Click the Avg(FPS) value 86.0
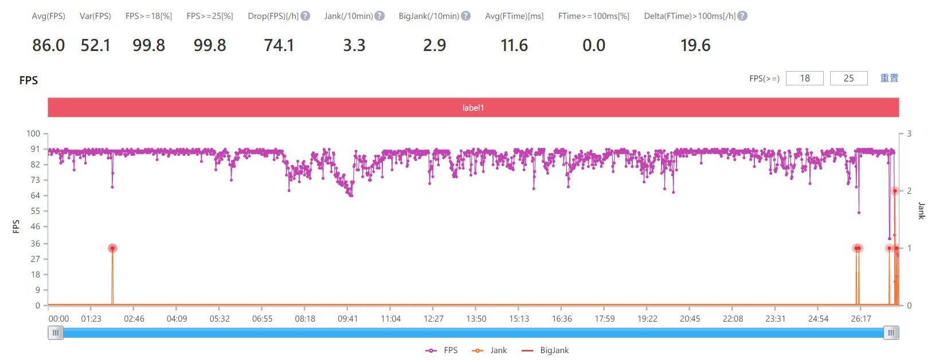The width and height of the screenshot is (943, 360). click(49, 45)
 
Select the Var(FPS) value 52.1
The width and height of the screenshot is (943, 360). click(95, 45)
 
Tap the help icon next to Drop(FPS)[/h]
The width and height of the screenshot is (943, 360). click(306, 16)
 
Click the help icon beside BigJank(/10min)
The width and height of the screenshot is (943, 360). click(466, 16)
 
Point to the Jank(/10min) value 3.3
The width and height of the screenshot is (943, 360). click(354, 45)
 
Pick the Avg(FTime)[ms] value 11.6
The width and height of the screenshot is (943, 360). click(514, 45)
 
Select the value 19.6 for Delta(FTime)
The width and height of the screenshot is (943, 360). click(695, 45)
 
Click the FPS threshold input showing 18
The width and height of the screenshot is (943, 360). click(805, 78)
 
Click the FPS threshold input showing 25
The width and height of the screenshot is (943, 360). click(849, 78)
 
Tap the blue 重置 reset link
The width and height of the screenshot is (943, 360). click(889, 78)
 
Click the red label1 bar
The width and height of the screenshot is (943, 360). click(473, 108)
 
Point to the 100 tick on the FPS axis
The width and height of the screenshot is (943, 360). click(33, 134)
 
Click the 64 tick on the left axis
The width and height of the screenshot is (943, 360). click(35, 195)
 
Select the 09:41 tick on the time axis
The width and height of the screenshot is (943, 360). click(347, 319)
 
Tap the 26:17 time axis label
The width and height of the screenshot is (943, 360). click(861, 319)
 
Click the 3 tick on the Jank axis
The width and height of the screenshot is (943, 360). click(909, 134)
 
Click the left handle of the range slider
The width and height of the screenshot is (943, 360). click(56, 332)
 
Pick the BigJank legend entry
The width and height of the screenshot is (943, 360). click(547, 350)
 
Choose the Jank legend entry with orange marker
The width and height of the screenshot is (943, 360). click(491, 350)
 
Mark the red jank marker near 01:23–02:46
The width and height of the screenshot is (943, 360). click(112, 248)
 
